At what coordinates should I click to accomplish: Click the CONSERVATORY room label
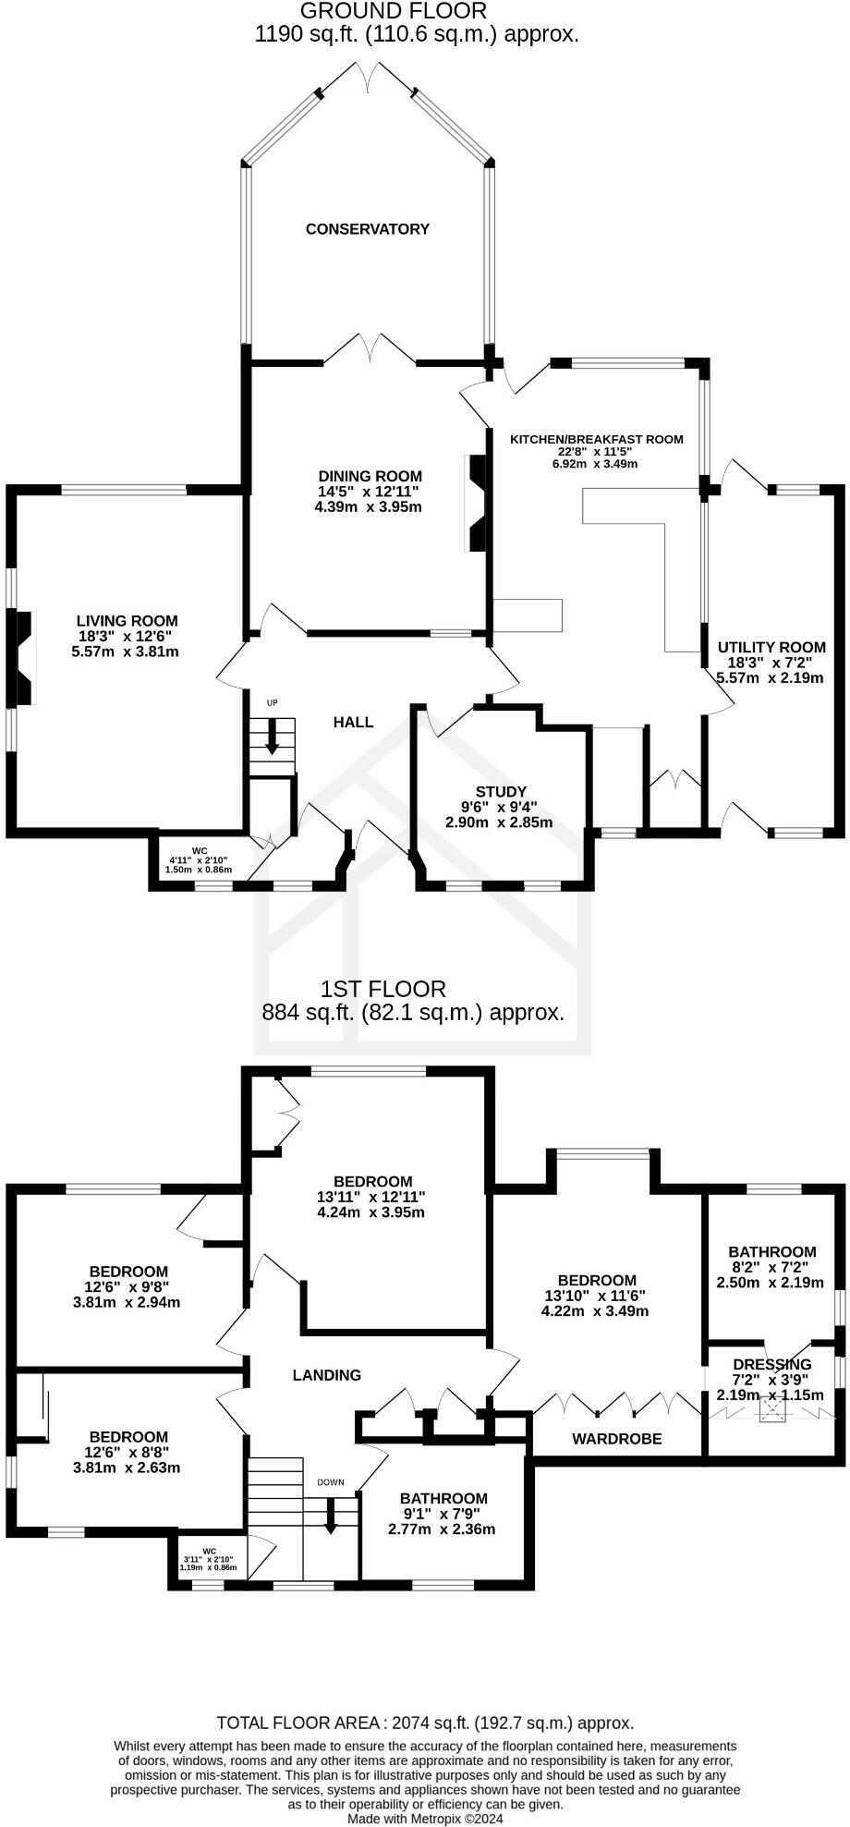click(368, 229)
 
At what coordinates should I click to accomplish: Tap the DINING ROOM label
click(368, 477)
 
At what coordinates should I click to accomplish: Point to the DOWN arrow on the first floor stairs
click(330, 1521)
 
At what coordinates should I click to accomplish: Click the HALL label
click(353, 722)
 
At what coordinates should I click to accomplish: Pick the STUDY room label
click(501, 792)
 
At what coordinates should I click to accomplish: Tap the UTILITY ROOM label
click(771, 647)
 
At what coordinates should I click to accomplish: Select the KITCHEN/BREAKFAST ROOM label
click(597, 439)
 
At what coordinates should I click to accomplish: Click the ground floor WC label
click(200, 850)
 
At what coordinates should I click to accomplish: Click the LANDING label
click(326, 1375)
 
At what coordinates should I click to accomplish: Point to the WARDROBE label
click(616, 1439)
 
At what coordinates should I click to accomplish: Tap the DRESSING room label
click(771, 1364)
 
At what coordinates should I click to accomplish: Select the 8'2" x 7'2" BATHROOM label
click(771, 1252)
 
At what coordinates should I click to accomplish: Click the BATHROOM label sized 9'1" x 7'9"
click(443, 1498)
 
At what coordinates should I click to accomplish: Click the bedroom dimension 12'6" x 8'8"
click(127, 1452)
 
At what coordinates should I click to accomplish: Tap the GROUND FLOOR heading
click(394, 11)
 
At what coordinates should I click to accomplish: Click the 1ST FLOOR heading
click(382, 989)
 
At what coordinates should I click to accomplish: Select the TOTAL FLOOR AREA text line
click(425, 1723)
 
